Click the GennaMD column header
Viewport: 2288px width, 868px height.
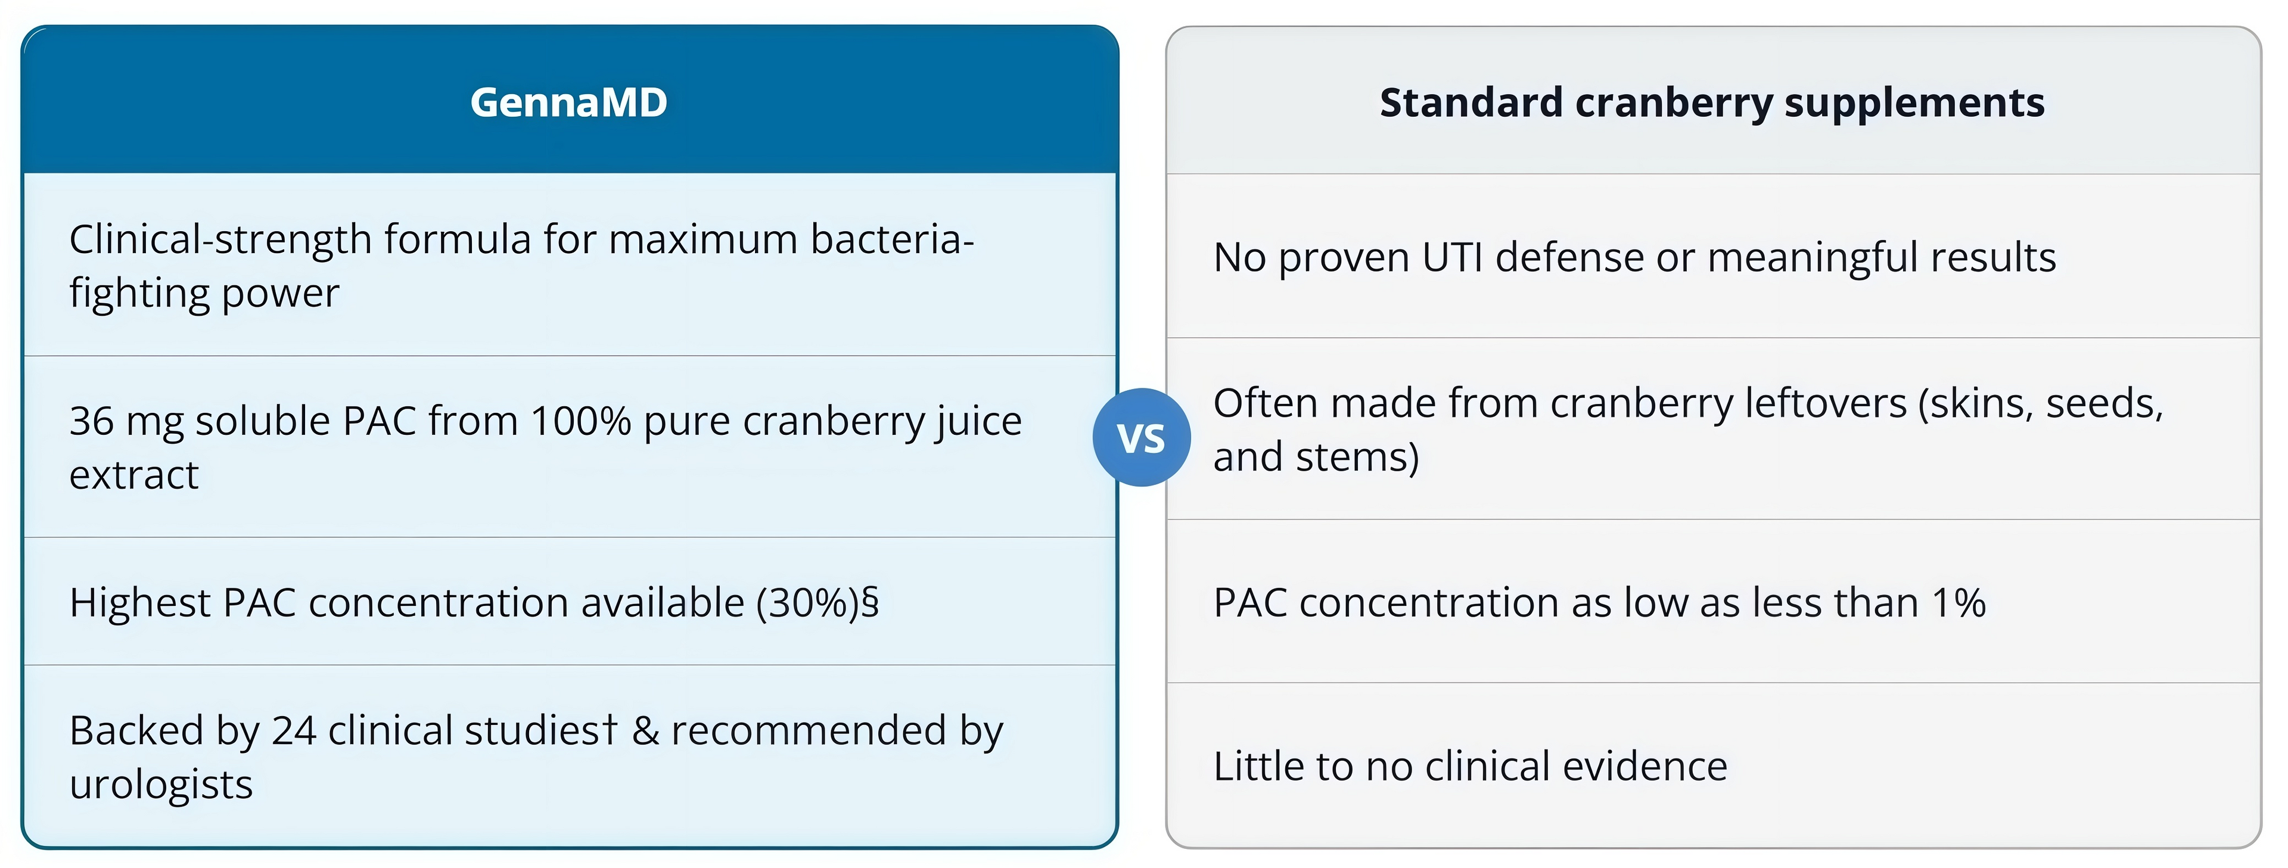(x=568, y=102)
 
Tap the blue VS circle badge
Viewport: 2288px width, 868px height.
(x=1142, y=437)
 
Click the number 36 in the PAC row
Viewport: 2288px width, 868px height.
(x=92, y=421)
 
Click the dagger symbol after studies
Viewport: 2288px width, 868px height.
(x=608, y=729)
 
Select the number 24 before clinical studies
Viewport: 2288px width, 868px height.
(x=294, y=731)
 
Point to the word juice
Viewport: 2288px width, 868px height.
(x=974, y=422)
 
